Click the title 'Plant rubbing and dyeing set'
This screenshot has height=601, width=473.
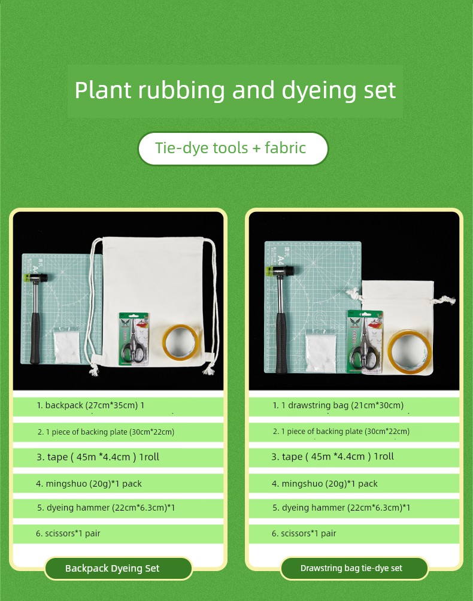[x=235, y=90]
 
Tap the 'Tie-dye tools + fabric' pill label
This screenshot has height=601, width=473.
[x=233, y=148]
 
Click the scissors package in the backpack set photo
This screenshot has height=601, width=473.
[x=134, y=339]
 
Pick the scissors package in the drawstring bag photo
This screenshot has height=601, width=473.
[x=365, y=342]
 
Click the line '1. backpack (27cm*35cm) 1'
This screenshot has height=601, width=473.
[x=90, y=405]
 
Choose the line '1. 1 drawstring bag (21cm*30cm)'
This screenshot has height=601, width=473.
[x=338, y=405]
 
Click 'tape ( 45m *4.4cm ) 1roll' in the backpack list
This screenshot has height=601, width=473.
[x=103, y=457]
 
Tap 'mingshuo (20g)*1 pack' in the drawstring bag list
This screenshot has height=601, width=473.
[x=330, y=484]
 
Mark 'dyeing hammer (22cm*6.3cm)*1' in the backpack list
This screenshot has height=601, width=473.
[x=111, y=508]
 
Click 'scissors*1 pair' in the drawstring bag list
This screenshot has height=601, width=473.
[x=308, y=533]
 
